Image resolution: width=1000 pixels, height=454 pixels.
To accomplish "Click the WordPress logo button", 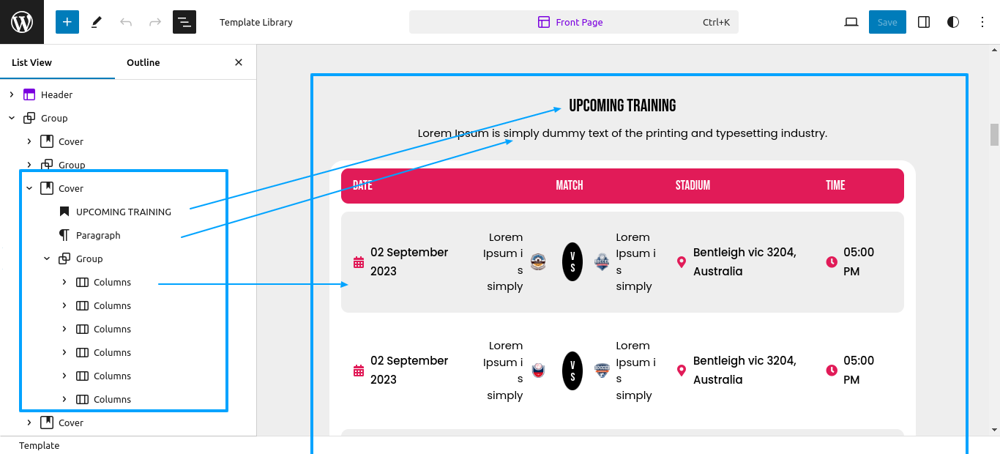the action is tap(22, 22).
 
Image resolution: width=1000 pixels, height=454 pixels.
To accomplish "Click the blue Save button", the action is tap(887, 22).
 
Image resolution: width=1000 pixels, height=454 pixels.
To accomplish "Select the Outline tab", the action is tap(143, 62).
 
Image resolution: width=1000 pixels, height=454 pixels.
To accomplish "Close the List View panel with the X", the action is tap(239, 62).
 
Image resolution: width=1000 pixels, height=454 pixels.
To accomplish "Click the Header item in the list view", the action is tap(56, 94).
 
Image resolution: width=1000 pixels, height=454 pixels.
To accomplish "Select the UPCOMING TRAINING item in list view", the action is tap(123, 212).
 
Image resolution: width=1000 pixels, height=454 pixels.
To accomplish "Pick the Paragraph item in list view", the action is tap(98, 235).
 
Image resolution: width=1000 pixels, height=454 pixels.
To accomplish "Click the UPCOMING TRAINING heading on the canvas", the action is tap(622, 105).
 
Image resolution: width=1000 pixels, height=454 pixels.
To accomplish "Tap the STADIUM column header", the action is tap(693, 185).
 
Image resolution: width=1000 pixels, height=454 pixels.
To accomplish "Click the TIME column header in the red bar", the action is tap(835, 185).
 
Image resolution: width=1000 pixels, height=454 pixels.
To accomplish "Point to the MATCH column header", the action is tap(570, 185).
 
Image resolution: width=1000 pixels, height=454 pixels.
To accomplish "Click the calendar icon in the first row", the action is tap(359, 262).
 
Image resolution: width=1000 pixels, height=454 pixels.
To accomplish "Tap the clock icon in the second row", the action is tap(831, 370).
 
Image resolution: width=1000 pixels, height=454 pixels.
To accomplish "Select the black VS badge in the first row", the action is tap(572, 261).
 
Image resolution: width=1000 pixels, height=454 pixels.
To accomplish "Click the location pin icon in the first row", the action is tap(682, 262).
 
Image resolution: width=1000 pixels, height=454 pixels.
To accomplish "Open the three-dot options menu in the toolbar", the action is tap(982, 22).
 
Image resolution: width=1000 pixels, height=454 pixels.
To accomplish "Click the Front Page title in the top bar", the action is tap(579, 22).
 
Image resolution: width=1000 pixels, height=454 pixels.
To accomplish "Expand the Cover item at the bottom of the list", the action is tap(29, 423).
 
